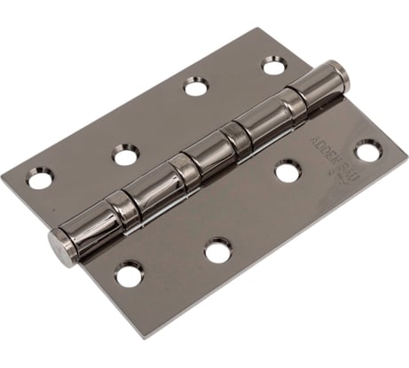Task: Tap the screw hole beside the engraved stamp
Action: (x=367, y=151)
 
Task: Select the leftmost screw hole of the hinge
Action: (x=40, y=180)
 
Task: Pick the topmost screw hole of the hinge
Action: (x=272, y=65)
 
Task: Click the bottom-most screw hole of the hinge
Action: (x=130, y=274)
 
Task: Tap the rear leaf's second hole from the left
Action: (x=125, y=156)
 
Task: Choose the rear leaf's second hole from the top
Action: (x=195, y=86)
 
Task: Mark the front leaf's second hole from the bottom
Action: (x=217, y=251)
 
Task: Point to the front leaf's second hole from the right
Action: (x=287, y=171)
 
